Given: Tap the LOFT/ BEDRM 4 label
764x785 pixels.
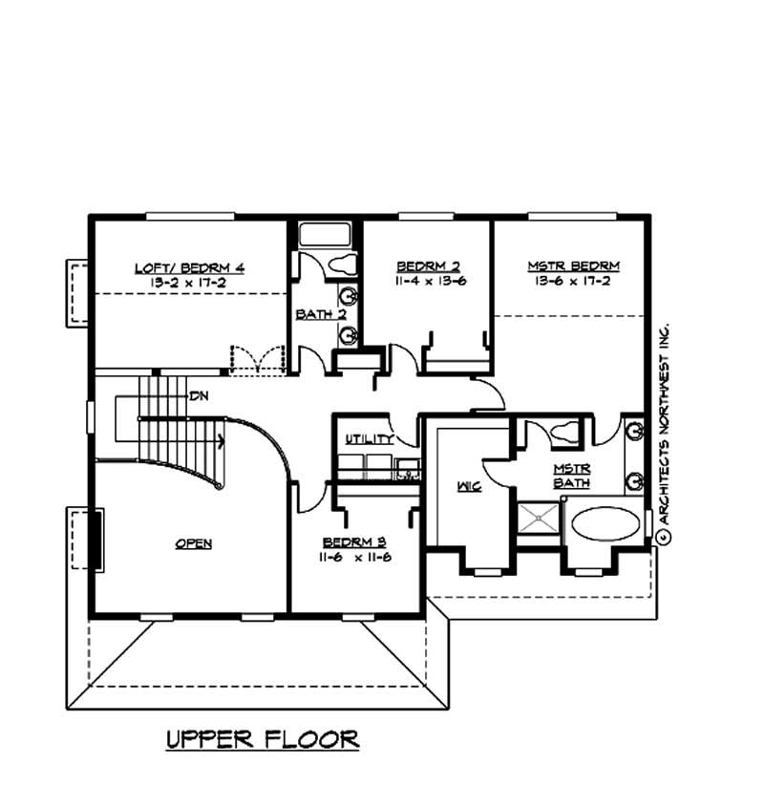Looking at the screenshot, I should (189, 267).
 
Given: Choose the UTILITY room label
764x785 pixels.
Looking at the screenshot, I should (370, 439).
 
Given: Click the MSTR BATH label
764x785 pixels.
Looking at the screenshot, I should (573, 476).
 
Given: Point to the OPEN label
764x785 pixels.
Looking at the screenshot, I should (193, 543).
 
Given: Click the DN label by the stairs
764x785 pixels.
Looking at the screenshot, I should (199, 394).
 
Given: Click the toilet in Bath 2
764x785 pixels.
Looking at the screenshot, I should (341, 264).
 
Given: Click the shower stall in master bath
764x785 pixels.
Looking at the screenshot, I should (540, 523).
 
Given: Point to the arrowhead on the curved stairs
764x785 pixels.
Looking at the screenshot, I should (222, 441).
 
